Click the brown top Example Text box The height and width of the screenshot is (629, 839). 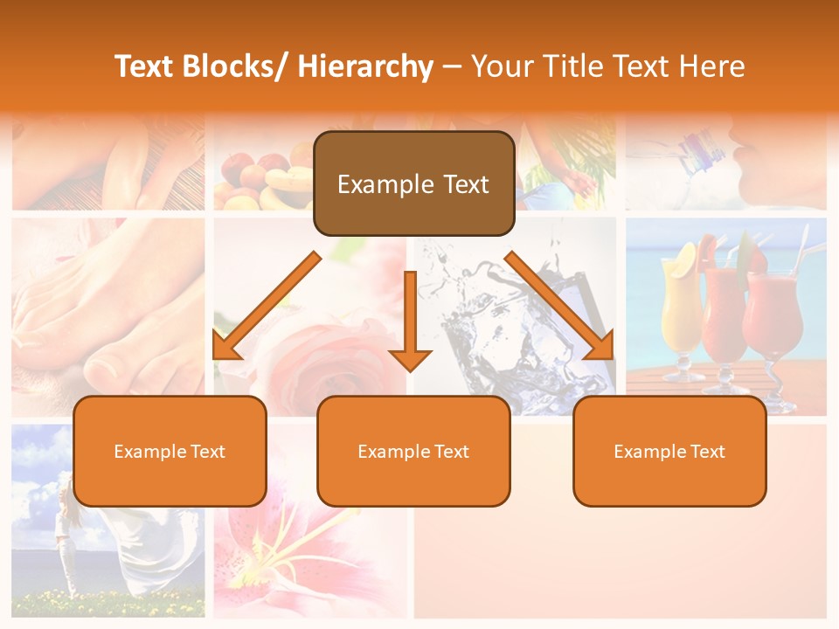413,183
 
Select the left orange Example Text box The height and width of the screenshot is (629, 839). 170,451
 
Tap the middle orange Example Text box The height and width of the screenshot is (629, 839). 413,451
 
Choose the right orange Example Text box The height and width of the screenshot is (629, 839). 669,451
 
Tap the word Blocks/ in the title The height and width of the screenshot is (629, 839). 238,66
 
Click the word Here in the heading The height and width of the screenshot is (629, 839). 714,66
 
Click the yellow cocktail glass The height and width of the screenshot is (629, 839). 682,314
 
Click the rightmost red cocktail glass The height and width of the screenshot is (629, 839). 773,319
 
